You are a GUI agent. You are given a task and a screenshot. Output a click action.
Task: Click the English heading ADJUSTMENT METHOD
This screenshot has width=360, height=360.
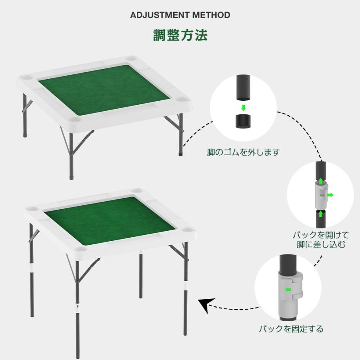pyautogui.click(x=180, y=15)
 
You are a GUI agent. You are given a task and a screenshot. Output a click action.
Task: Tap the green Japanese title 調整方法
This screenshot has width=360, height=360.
pyautogui.click(x=180, y=35)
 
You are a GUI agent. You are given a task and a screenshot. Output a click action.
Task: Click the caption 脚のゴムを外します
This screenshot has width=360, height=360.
pyautogui.click(x=243, y=152)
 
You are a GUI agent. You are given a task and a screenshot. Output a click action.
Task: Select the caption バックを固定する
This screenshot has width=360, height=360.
pyautogui.click(x=291, y=329)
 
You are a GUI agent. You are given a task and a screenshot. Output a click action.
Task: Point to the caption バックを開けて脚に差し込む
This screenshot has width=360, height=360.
pyautogui.click(x=321, y=240)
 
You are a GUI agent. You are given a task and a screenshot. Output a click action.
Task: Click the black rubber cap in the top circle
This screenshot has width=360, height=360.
pyautogui.click(x=243, y=121)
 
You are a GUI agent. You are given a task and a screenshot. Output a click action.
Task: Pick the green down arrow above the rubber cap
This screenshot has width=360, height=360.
pyautogui.click(x=243, y=108)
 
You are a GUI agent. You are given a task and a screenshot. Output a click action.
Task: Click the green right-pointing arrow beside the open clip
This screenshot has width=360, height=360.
pyautogui.click(x=330, y=195)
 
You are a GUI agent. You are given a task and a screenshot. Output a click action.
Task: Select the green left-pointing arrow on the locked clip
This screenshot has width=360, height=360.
pyautogui.click(x=288, y=290)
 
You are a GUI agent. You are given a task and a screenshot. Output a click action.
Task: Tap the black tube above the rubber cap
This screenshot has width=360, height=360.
pyautogui.click(x=243, y=88)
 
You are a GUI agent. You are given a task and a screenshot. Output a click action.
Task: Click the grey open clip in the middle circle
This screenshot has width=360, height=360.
pyautogui.click(x=320, y=194)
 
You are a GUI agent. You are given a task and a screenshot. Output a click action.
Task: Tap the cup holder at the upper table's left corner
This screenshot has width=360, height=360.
pyautogui.click(x=26, y=77)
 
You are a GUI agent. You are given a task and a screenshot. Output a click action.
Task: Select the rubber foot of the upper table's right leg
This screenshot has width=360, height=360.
pyautogui.click(x=180, y=153)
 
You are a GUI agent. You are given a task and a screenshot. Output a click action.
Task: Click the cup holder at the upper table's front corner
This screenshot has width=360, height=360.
pyautogui.click(x=75, y=120)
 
